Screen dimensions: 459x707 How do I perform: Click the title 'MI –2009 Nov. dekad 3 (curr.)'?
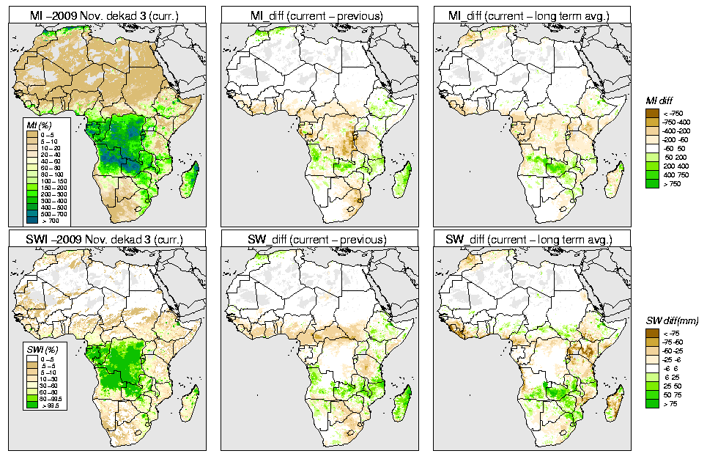click(109, 12)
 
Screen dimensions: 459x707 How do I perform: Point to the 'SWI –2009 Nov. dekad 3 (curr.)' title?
click(109, 239)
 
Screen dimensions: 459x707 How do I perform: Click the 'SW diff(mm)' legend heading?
click(672, 321)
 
